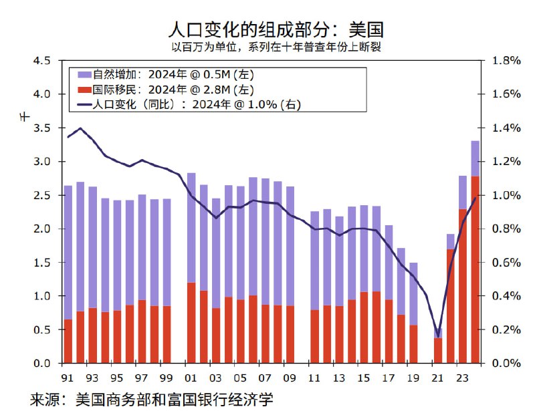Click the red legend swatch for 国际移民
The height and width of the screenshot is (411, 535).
click(x=84, y=89)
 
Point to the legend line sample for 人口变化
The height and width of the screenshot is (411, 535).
click(x=84, y=104)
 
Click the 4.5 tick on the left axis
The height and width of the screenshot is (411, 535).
click(x=41, y=61)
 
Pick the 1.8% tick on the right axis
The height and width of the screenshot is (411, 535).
click(x=506, y=61)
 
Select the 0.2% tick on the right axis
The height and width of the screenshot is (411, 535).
click(x=506, y=329)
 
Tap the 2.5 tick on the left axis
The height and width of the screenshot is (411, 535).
click(x=41, y=195)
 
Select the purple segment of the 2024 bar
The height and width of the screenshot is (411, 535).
click(x=475, y=158)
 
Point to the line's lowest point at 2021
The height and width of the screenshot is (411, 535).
click(x=438, y=335)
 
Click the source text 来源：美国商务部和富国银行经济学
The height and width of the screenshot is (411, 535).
click(x=152, y=400)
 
